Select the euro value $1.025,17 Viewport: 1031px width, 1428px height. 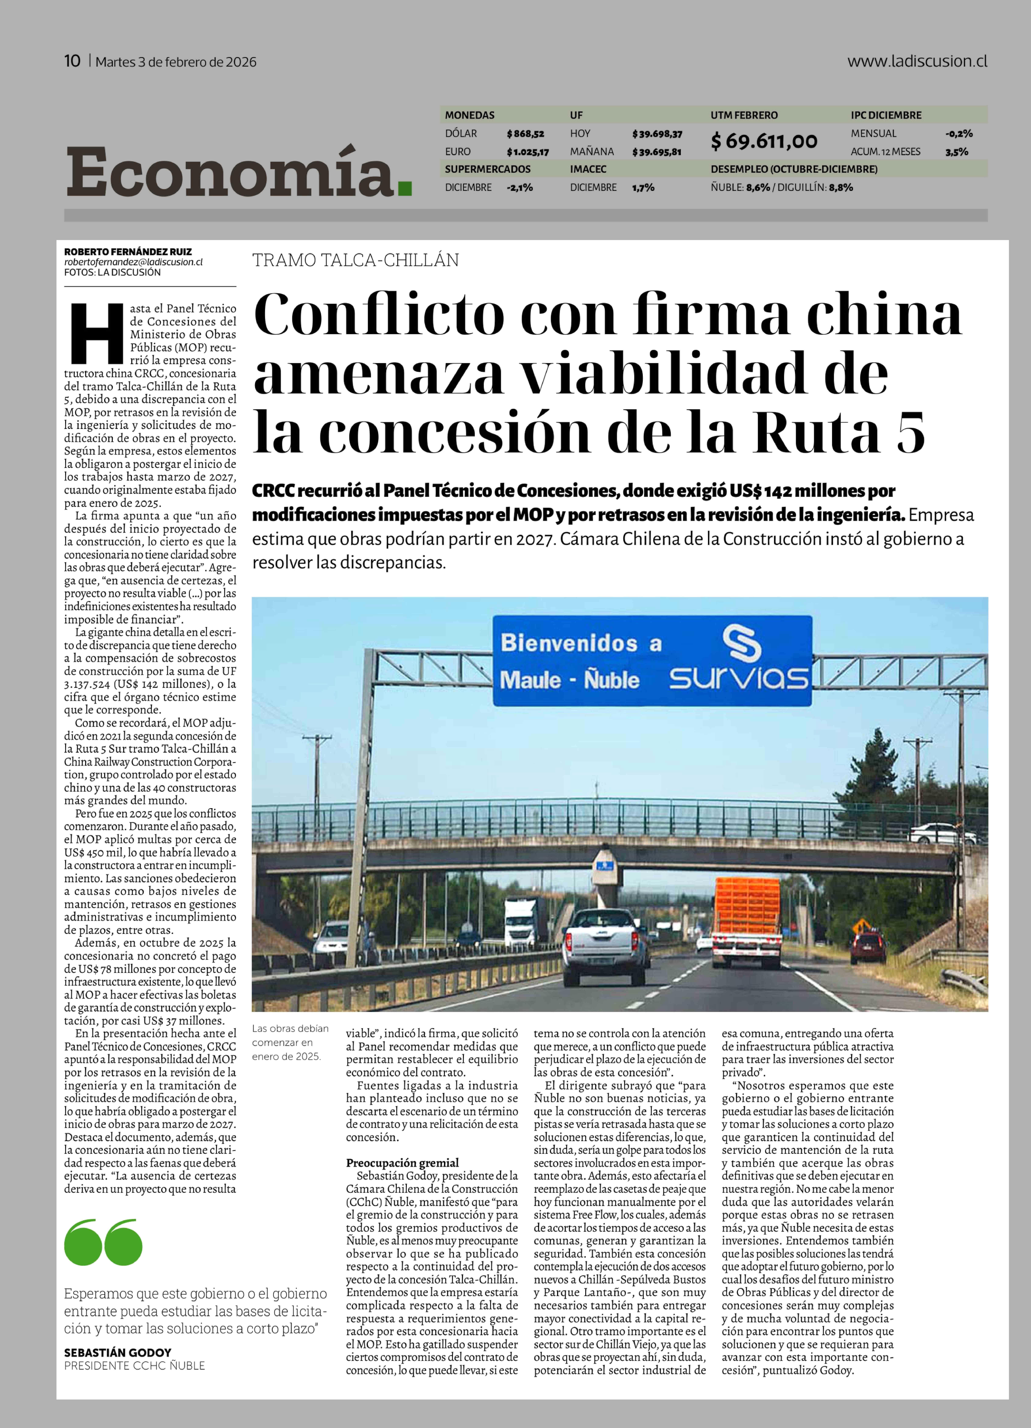(528, 152)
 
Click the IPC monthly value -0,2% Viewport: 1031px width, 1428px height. (959, 133)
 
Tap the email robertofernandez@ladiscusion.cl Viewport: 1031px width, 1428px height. (133, 262)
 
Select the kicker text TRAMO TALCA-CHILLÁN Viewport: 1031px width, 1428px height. (356, 260)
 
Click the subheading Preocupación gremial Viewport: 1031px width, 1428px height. (402, 1162)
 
